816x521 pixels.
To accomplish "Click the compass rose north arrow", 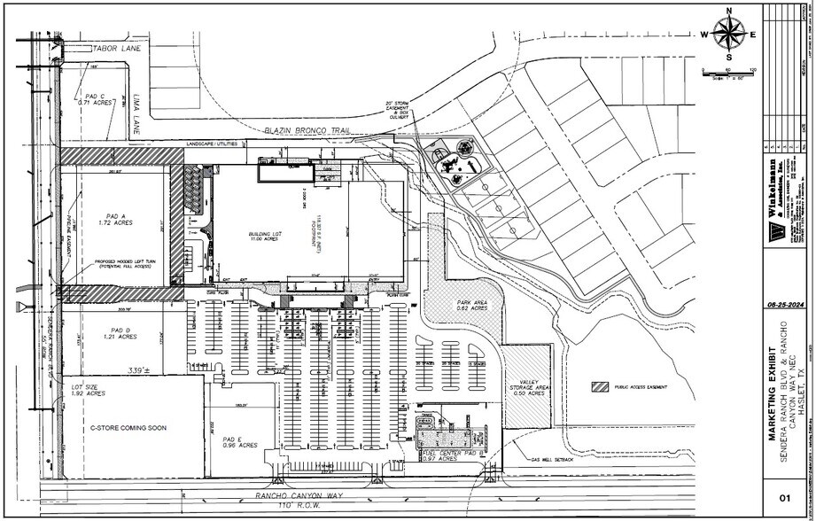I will coord(729,35).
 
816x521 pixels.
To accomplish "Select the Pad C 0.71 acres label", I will coord(92,100).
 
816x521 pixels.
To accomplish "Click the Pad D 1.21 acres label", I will coord(120,333).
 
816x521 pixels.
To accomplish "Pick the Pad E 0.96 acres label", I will coord(234,441).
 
